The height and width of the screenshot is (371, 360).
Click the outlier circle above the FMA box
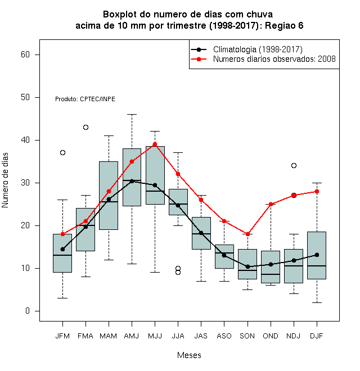[x=85, y=127]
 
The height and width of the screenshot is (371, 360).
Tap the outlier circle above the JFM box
[x=62, y=152]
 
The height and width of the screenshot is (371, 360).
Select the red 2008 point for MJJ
[x=155, y=144]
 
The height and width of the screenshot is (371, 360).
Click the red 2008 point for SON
[x=247, y=234]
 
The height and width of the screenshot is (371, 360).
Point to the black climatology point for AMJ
[x=132, y=181]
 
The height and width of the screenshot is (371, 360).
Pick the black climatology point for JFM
[x=62, y=249]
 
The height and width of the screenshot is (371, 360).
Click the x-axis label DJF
[x=317, y=336]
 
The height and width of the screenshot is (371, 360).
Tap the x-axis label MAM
[x=108, y=336]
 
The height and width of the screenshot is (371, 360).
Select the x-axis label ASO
[x=224, y=336]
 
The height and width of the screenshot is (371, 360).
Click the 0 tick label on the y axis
[x=28, y=311]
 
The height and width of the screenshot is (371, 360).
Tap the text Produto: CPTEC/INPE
[x=85, y=99]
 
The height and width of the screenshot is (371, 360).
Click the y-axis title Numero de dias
[x=5, y=180]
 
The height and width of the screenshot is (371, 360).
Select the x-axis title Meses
[x=189, y=355]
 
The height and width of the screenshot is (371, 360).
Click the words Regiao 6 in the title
[x=284, y=25]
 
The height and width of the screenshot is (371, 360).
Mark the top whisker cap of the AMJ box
[x=132, y=114]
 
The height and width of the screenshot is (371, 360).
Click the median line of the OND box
[x=271, y=274]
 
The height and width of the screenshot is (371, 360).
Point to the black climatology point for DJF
[x=317, y=255]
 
